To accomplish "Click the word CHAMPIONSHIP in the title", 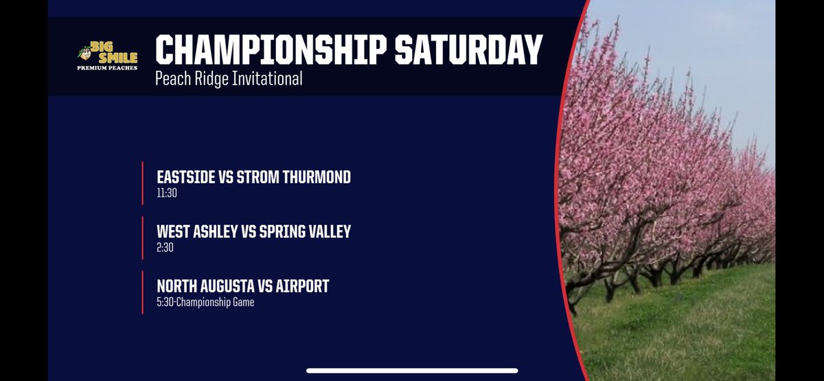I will click(264, 50).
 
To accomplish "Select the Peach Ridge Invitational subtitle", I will click(229, 79).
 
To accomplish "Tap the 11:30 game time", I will click(167, 193).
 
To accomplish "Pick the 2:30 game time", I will click(165, 248).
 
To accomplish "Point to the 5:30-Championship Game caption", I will click(205, 302).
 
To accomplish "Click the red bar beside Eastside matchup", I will click(142, 184).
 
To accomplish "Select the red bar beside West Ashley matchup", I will click(142, 238).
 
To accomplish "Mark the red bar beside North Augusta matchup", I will click(142, 292).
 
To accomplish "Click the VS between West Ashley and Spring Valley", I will click(248, 231).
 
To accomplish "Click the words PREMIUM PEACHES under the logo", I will click(106, 67).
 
